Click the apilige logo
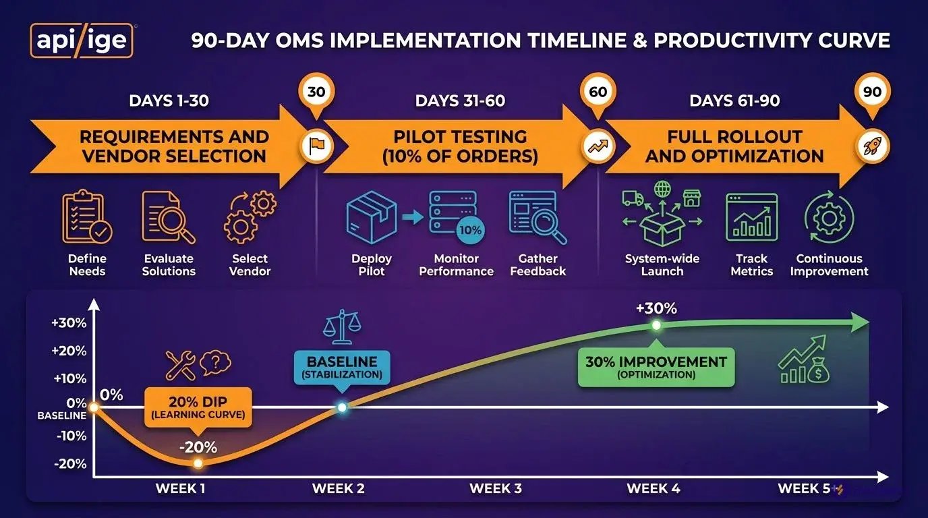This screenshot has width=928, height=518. pos(82,40)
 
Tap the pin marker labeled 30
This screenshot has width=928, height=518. pos(316,92)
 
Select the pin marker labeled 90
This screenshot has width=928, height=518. pos(872,92)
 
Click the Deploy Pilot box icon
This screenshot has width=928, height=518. pos(372,217)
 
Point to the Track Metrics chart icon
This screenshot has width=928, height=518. pos(751,217)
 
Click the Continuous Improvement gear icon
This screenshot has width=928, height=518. pos(829,217)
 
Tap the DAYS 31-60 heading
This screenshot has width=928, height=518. pos(460,101)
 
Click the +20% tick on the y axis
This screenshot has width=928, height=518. pos(70,351)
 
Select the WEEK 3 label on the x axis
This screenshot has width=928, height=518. pos(496,488)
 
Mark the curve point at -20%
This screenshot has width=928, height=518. pos(198,463)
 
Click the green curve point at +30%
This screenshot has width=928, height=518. pos(656,325)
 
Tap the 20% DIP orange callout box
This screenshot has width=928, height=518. pos(198,407)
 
